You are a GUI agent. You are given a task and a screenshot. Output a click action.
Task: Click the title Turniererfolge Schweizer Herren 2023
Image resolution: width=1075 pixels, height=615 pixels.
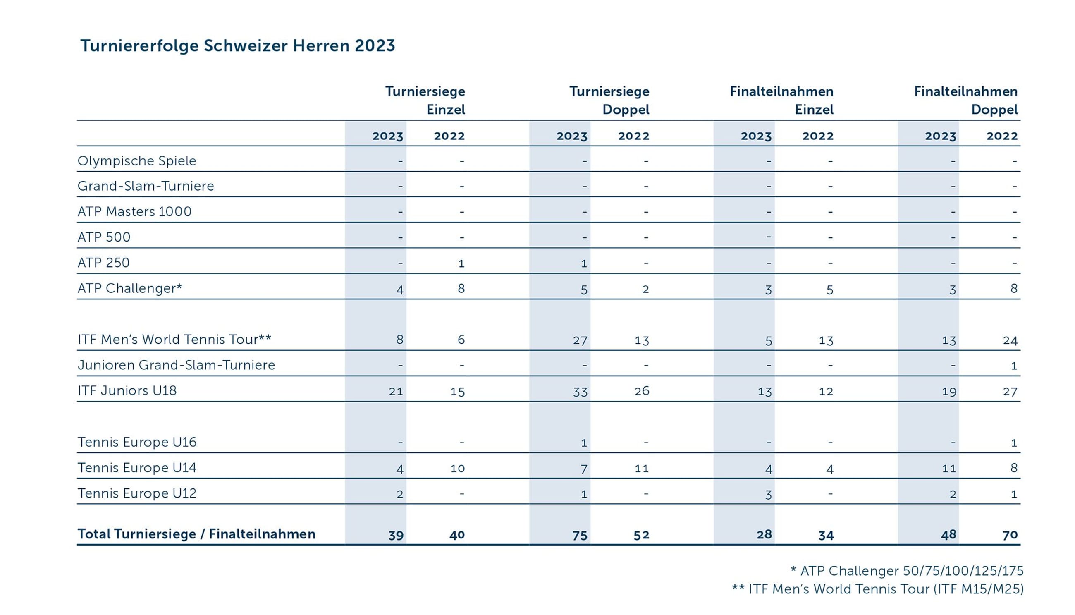coord(237,45)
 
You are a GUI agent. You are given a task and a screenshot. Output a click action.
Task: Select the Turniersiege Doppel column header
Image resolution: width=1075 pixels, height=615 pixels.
coord(609,101)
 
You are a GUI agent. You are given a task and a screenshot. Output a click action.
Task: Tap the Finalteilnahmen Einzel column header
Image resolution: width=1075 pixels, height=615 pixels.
coord(781,101)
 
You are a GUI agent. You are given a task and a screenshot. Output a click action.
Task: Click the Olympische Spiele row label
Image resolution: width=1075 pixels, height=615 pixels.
coord(137,161)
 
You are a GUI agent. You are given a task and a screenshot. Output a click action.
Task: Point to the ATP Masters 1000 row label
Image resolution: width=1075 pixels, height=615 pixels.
coord(134,212)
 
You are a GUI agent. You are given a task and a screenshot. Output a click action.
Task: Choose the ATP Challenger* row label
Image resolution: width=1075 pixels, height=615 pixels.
coord(130,289)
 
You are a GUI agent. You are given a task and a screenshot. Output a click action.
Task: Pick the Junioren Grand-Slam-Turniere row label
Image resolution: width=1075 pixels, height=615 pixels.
coord(176,365)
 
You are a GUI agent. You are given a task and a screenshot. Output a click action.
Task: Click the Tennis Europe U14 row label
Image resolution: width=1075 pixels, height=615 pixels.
coord(137,468)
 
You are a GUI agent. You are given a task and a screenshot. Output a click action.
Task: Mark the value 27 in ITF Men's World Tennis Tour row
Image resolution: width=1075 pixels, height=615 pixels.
coord(580,340)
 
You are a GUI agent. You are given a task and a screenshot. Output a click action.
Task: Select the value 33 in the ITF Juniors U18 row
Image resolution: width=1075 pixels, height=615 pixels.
coord(580,392)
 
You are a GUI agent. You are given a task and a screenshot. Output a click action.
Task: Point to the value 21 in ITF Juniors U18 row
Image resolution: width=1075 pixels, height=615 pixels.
coord(396,392)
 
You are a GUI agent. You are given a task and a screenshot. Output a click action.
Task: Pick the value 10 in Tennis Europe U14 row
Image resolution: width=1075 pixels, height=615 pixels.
coord(457,469)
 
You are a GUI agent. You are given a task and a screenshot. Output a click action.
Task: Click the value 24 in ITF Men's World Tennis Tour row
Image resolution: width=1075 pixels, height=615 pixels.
coord(1010,340)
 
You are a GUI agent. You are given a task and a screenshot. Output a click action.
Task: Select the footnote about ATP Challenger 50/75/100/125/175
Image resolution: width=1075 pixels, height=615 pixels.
coord(907,571)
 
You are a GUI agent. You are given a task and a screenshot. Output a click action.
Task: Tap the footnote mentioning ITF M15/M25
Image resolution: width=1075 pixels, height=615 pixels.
coord(877,589)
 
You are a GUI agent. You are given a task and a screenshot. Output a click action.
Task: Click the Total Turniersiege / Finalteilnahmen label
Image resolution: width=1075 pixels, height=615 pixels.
coord(196,534)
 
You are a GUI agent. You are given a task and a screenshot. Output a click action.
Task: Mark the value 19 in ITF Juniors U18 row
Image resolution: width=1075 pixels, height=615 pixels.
coord(949,392)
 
